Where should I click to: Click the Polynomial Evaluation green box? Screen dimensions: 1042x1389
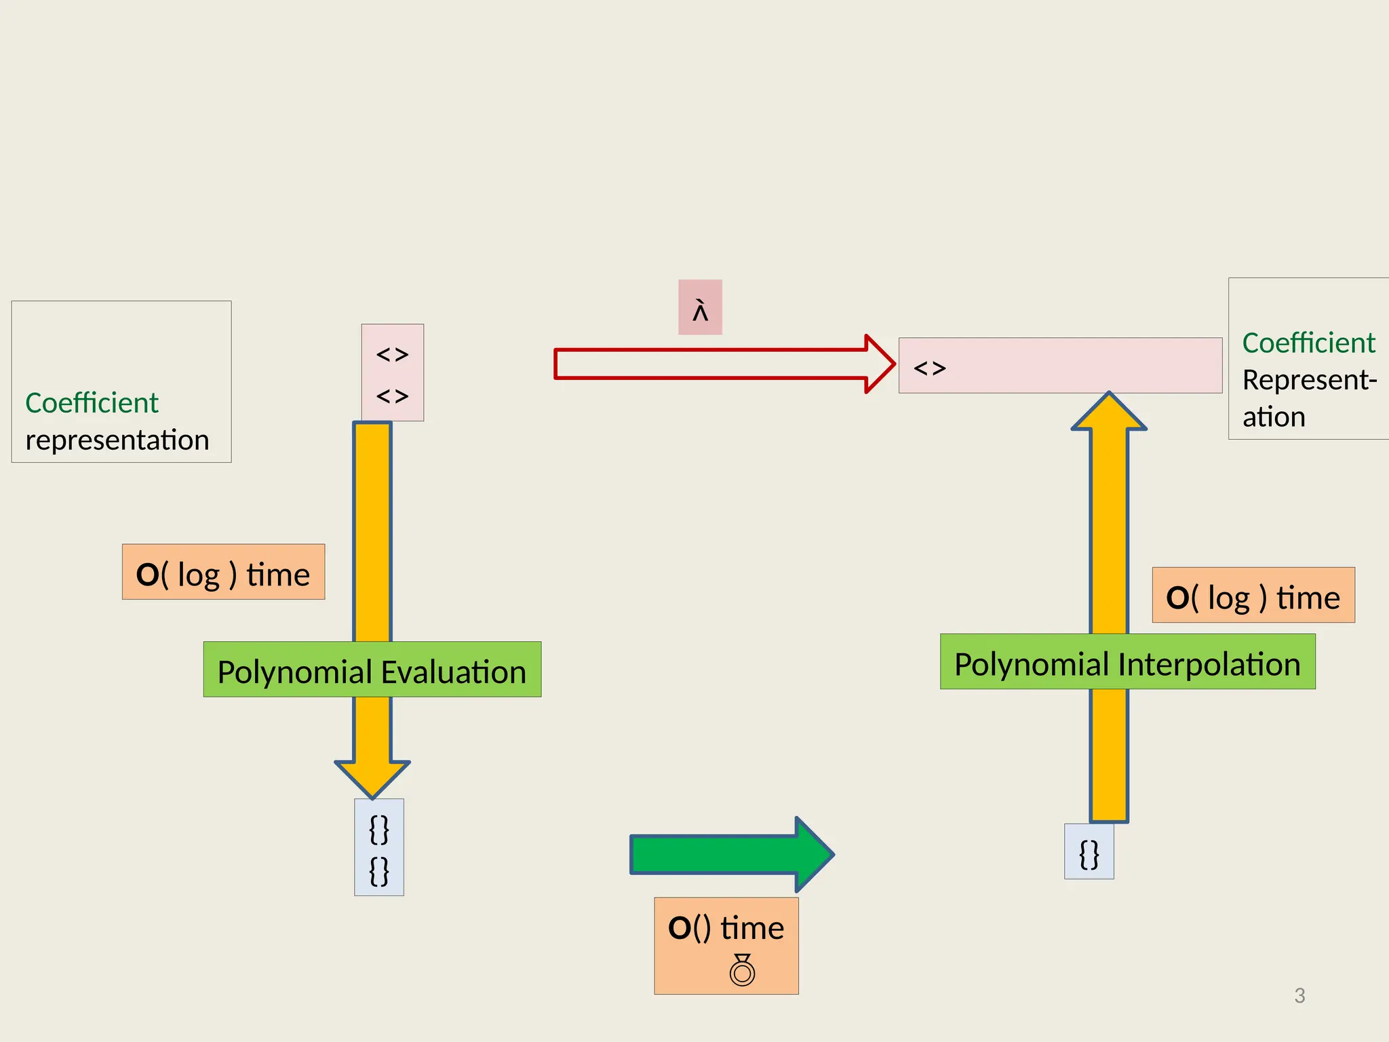coord(372,670)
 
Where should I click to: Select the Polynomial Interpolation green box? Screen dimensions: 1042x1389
coord(1127,662)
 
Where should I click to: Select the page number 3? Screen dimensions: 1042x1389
coord(1299,996)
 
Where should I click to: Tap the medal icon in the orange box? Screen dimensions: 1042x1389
coord(742,969)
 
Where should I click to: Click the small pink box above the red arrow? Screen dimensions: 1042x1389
coord(700,307)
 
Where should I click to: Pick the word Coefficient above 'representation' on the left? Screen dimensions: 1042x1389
coord(92,403)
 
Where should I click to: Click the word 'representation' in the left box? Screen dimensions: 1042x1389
coord(117,440)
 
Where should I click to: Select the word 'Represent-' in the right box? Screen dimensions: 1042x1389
coord(1309,380)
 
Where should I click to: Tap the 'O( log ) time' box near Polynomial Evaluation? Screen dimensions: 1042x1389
coord(223,572)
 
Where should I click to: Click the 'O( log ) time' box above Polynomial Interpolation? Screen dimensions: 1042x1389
coord(1253,596)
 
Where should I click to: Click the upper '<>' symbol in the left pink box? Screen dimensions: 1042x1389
coord(392,355)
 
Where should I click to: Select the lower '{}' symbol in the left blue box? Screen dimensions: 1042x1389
coord(379,871)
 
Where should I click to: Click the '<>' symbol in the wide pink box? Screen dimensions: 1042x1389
coord(929,368)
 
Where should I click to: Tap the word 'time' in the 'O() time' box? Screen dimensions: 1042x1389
coord(751,928)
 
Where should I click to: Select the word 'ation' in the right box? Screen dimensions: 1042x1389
coord(1274,417)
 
